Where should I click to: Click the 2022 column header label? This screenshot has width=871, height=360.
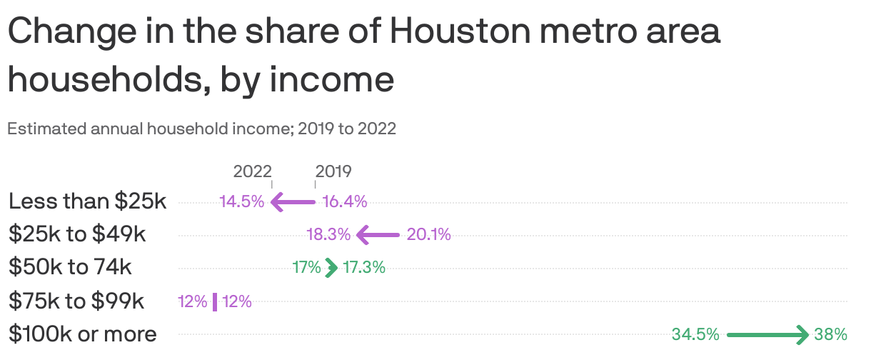[252, 171]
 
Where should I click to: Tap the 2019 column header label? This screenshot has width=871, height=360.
[333, 171]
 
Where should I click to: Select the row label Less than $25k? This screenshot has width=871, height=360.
[87, 201]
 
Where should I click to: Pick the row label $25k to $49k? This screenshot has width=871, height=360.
[77, 234]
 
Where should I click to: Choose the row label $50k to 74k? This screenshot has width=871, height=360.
[70, 267]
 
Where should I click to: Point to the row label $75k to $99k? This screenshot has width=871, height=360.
[76, 301]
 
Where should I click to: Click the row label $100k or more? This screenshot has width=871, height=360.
[82, 334]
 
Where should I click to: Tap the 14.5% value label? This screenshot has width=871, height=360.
[242, 202]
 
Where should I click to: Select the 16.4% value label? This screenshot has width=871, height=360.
[345, 202]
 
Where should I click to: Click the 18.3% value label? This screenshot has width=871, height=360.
[328, 234]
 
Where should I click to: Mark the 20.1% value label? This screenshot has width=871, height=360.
[429, 234]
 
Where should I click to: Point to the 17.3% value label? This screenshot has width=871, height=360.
[364, 268]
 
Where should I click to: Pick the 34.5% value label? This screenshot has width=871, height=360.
[695, 334]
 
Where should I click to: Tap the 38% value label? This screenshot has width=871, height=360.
[830, 334]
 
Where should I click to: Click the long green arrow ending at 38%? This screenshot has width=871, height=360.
[767, 334]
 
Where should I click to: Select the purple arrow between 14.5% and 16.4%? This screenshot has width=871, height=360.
[293, 203]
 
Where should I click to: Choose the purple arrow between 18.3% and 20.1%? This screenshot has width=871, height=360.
[378, 234]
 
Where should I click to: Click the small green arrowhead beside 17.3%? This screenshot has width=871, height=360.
[331, 268]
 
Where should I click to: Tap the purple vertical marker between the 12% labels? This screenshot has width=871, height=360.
[215, 301]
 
